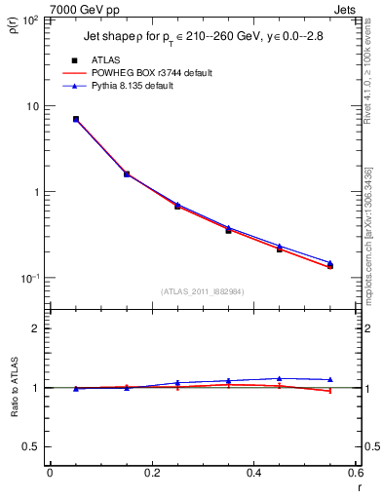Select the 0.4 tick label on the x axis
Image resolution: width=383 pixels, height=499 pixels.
pyautogui.click(x=253, y=473)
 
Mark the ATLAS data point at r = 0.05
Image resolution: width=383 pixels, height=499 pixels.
pyautogui.click(x=76, y=119)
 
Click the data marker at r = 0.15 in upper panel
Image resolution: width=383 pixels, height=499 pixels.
pyautogui.click(x=127, y=174)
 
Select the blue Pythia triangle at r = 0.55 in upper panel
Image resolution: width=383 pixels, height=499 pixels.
pyautogui.click(x=329, y=262)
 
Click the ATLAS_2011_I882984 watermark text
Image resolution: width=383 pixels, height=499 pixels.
pyautogui.click(x=204, y=291)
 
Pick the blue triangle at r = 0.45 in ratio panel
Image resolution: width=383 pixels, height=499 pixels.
pyautogui.click(x=279, y=378)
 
